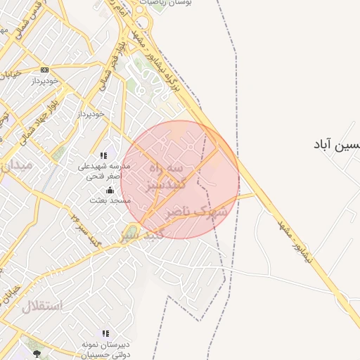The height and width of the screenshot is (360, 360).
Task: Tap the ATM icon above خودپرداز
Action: tap(45, 70)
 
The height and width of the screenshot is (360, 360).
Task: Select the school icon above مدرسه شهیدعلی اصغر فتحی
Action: tap(104, 155)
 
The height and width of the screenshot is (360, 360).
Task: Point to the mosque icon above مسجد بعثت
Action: tap(109, 190)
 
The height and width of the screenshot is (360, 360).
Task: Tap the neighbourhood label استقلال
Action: tap(42, 306)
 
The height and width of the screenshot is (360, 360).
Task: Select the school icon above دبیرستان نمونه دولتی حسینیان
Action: tap(105, 333)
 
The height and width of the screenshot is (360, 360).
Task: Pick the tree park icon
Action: tap(37, 354)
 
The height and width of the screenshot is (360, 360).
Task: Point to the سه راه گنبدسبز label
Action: tap(166, 177)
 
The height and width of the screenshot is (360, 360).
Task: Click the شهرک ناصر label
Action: tap(197, 211)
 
